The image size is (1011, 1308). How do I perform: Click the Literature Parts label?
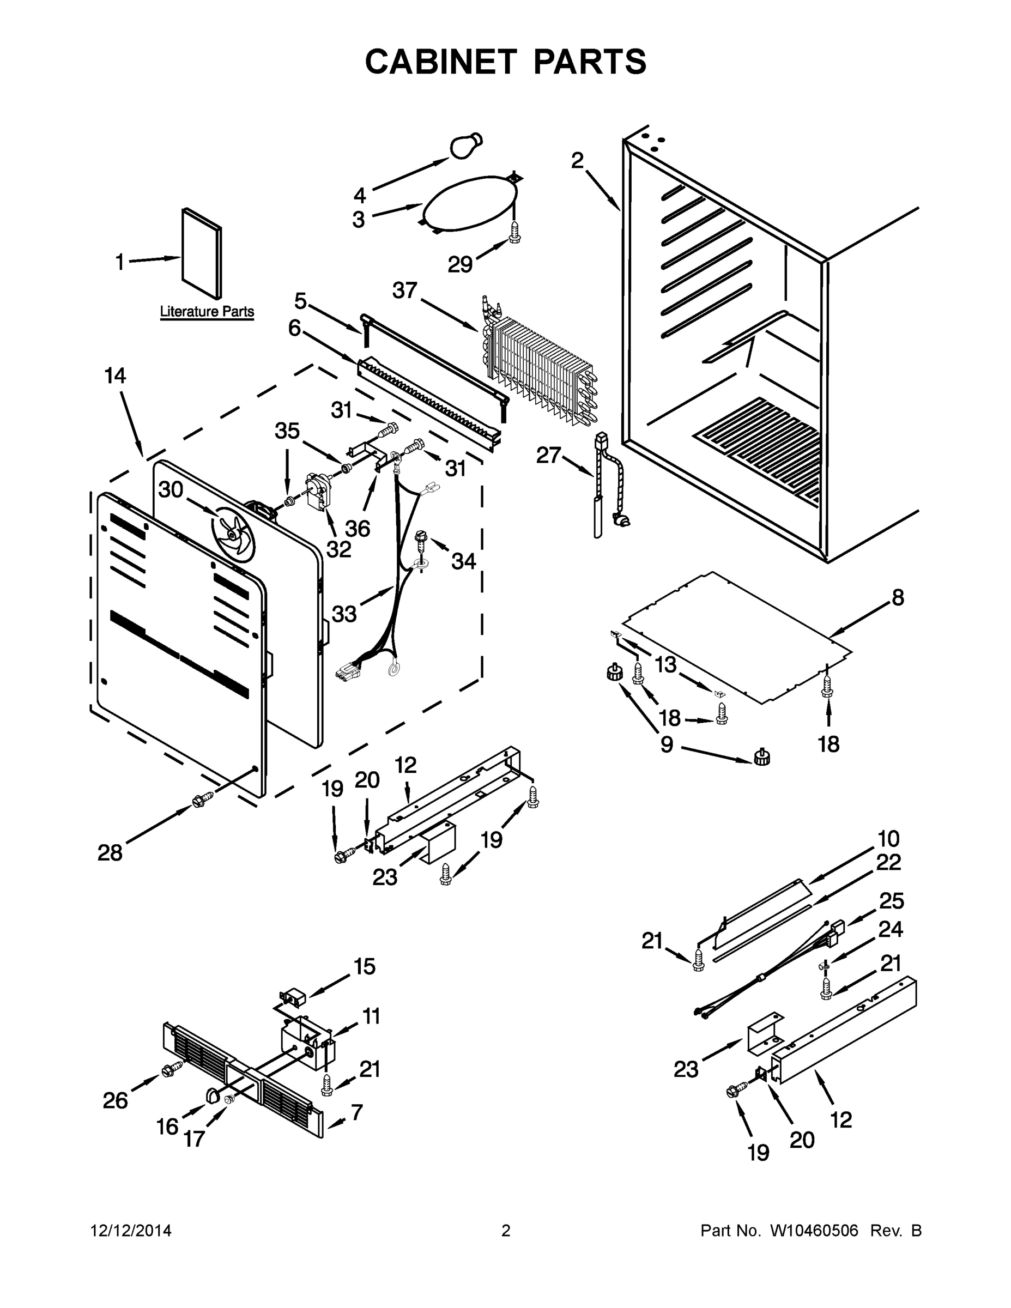(207, 311)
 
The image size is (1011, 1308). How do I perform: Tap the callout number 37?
(404, 290)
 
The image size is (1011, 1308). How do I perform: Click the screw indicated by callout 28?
(202, 800)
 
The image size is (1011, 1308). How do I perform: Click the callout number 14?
(115, 376)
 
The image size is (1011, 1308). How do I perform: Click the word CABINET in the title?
(440, 62)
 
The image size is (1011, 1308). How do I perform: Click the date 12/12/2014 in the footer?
(131, 1231)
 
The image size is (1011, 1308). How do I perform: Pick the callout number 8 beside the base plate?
(898, 597)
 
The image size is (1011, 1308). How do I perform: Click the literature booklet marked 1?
(202, 253)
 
